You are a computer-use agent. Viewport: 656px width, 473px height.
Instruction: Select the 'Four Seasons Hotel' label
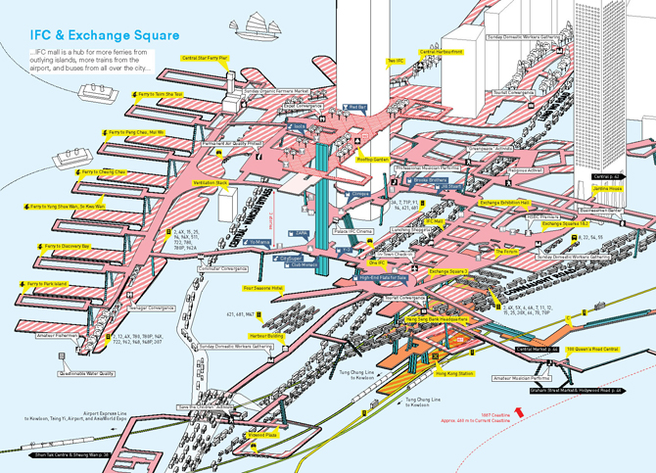click(x=262, y=289)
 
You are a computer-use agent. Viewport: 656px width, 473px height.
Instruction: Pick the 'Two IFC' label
click(x=396, y=61)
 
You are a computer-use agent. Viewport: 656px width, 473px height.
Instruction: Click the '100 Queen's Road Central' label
click(x=592, y=349)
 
